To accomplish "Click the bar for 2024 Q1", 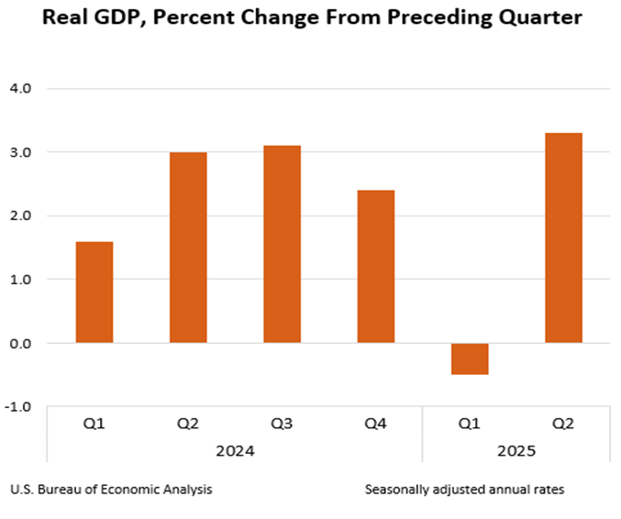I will [94, 293].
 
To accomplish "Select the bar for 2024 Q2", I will [188, 248].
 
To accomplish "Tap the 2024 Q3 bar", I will [282, 244].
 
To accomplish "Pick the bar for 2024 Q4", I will [375, 266].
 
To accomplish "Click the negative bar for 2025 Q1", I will [470, 359].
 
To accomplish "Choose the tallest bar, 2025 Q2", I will [563, 237].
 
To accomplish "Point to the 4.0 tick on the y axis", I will [20, 89].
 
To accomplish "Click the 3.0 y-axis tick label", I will [20, 152].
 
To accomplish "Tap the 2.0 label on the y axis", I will [20, 216].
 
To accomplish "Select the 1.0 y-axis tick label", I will [20, 280].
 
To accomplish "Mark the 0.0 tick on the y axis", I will [20, 343].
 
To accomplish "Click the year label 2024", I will [235, 451].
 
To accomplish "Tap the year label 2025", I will [516, 451].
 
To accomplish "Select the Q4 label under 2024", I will [375, 424].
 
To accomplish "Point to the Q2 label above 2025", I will [563, 424].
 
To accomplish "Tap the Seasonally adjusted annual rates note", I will [464, 490].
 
